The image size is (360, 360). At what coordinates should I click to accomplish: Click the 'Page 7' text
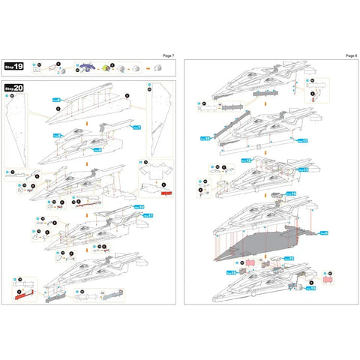pyautogui.click(x=168, y=55)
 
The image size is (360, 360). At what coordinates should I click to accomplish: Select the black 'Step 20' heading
pyautogui.click(x=14, y=88)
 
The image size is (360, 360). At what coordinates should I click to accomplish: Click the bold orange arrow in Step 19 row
pyautogui.click(x=148, y=68)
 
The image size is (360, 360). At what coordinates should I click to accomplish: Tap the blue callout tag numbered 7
pyautogui.click(x=136, y=128)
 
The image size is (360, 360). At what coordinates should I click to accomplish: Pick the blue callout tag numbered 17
pyautogui.click(x=302, y=140)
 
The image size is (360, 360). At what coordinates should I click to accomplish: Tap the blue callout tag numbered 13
pyautogui.click(x=304, y=169)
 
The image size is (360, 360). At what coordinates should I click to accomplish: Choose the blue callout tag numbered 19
pyautogui.click(x=310, y=288)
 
